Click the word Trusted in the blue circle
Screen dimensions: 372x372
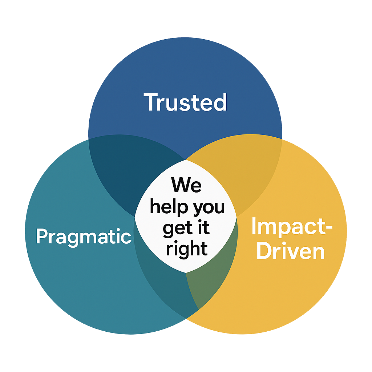(x=185, y=102)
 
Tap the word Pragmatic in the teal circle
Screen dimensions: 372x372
(x=84, y=237)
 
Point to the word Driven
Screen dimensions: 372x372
(x=290, y=251)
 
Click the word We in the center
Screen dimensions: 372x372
(x=186, y=185)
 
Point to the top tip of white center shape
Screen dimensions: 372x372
(x=186, y=160)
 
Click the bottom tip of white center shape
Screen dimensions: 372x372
(x=186, y=273)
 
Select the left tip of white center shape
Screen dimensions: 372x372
(x=135, y=218)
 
